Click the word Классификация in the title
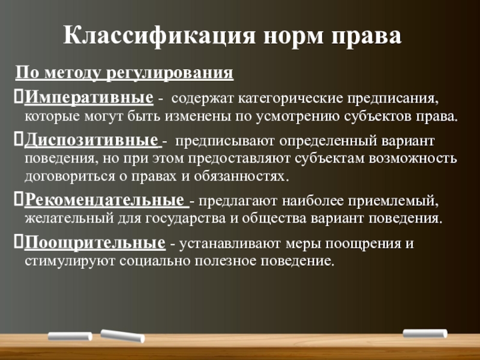coord(159,36)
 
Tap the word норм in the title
coord(293,37)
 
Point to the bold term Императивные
coord(89,97)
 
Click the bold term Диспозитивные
coord(91,140)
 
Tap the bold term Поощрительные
coord(95,243)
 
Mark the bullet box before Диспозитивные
coord(19,139)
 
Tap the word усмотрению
coord(298,117)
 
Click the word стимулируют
coord(70,262)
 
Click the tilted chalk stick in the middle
coord(122,336)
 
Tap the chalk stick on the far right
coord(425,334)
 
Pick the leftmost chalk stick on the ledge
coord(70,336)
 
